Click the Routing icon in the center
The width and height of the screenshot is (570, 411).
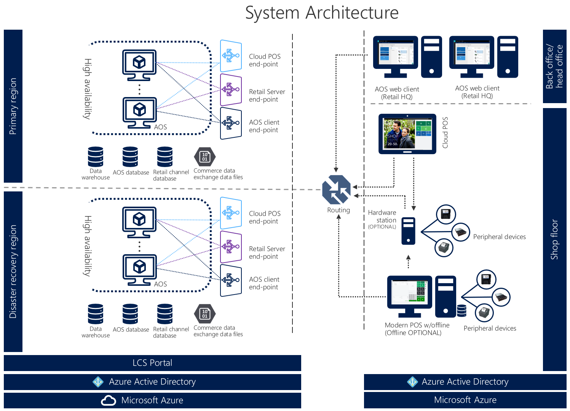click(336, 190)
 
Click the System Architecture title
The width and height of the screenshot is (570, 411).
click(322, 13)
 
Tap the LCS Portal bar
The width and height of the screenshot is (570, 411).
click(152, 363)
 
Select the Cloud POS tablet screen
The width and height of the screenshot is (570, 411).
click(407, 134)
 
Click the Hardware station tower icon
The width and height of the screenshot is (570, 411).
click(408, 231)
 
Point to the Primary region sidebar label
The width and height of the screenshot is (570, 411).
click(13, 106)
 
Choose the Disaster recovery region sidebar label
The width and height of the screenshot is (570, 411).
click(13, 271)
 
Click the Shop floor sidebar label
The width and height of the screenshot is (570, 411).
click(554, 239)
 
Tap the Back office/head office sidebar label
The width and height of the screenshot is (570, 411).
click(554, 66)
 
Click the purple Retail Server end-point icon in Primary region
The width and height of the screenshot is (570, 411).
click(231, 90)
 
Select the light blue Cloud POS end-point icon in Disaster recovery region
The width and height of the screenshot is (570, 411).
click(231, 213)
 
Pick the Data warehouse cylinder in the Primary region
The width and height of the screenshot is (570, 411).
click(96, 157)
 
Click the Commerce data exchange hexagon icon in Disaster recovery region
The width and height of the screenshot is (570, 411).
click(205, 314)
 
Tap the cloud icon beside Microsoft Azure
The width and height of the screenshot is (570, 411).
click(109, 400)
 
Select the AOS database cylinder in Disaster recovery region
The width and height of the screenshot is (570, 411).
click(130, 314)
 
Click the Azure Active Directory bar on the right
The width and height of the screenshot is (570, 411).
click(465, 382)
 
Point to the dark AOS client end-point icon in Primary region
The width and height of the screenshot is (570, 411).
click(231, 123)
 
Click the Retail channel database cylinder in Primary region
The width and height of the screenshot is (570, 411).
click(165, 157)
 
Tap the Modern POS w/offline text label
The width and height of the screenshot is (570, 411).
click(417, 325)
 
